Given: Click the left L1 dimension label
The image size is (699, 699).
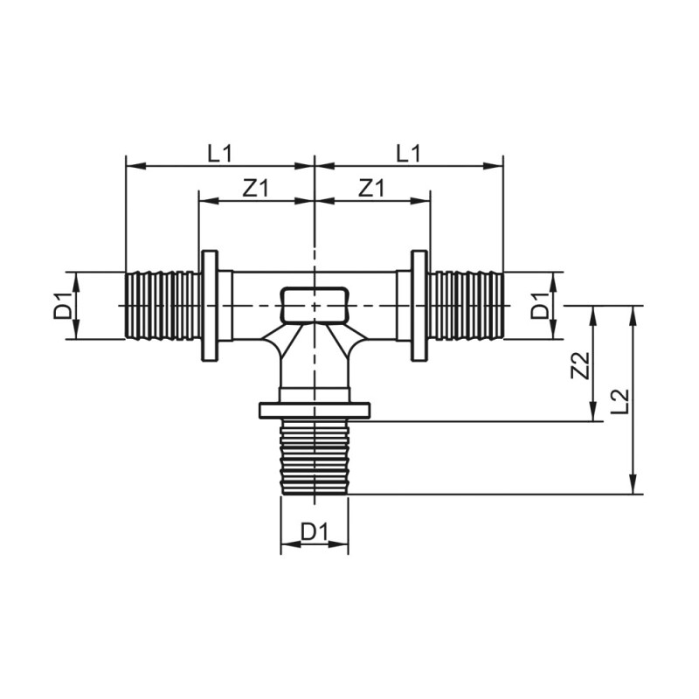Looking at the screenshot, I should (x=219, y=153).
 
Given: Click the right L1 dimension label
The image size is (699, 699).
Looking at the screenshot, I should (x=408, y=153).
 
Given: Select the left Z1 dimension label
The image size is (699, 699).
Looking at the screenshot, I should (x=255, y=188).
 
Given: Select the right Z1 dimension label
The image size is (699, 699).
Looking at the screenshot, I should (x=371, y=188).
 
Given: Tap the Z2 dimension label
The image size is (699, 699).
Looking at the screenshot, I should (x=578, y=365).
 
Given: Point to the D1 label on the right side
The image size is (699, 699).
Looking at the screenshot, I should (x=542, y=306).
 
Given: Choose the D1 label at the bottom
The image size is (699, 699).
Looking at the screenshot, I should (x=314, y=531).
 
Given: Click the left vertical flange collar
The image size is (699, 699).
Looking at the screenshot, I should (x=210, y=305).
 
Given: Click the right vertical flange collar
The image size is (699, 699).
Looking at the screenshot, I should (x=419, y=305).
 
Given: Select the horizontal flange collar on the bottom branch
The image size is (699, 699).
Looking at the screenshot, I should (x=315, y=410).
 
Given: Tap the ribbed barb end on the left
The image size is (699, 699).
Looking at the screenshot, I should (x=163, y=305).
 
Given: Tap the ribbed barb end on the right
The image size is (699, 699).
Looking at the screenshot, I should (x=466, y=305).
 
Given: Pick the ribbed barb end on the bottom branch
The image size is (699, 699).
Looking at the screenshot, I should (x=315, y=457).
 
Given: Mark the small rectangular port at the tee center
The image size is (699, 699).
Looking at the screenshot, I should (x=315, y=303).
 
